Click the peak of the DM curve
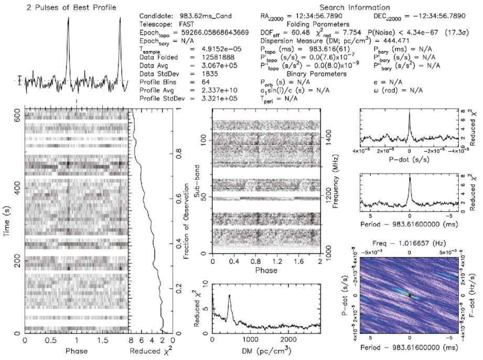point(229,296)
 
